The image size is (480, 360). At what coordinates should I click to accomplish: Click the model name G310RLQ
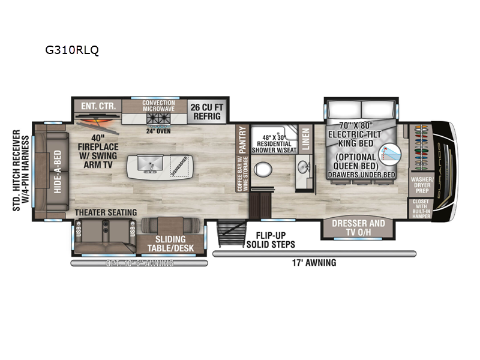click(72, 50)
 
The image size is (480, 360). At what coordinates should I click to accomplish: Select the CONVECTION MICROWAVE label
click(158, 106)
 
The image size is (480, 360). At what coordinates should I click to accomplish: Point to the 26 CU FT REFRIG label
click(206, 111)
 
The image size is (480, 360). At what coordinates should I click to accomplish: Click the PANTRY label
click(242, 139)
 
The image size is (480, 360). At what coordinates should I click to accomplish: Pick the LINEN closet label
click(305, 139)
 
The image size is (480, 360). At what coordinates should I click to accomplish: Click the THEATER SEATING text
click(106, 212)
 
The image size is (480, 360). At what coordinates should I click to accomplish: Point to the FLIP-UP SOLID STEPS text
click(271, 239)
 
